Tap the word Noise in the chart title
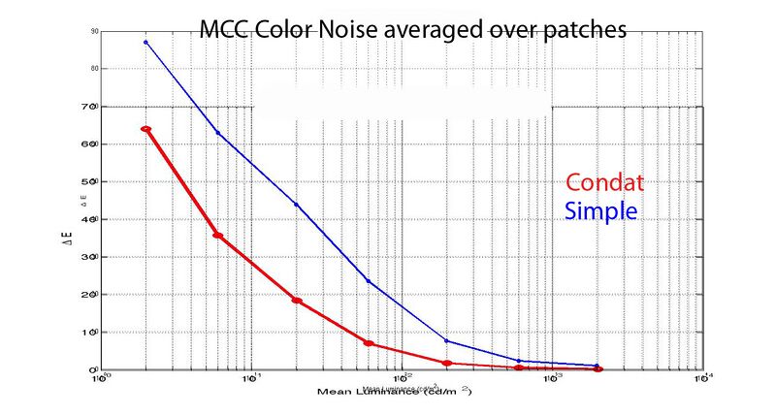pyautogui.click(x=346, y=29)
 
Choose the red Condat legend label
pyautogui.click(x=605, y=183)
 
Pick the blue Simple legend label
pyautogui.click(x=600, y=209)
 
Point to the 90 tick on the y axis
pyautogui.click(x=94, y=32)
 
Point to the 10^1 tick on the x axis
pyautogui.click(x=250, y=379)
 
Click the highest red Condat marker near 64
pyautogui.click(x=145, y=129)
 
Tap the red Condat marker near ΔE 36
pyautogui.click(x=218, y=236)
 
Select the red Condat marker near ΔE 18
pyautogui.click(x=297, y=301)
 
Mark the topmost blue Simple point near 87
pyautogui.click(x=145, y=42)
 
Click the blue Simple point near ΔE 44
pyautogui.click(x=296, y=205)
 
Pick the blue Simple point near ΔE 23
pyautogui.click(x=369, y=281)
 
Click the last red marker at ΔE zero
pyautogui.click(x=598, y=368)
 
